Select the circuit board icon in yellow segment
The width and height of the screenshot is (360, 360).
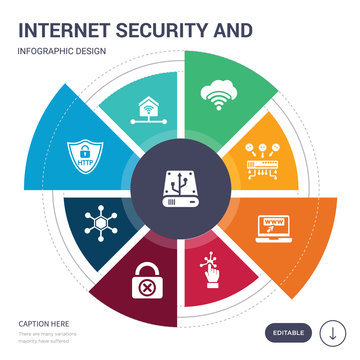pos(272,150)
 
